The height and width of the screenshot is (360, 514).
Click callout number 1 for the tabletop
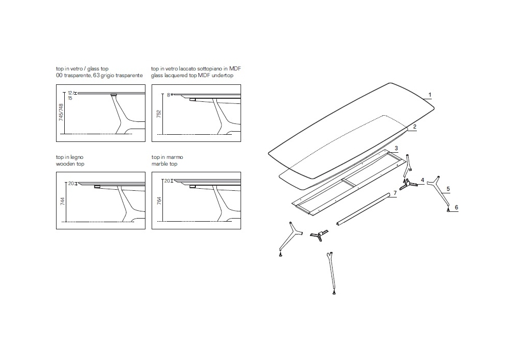(x=430, y=95)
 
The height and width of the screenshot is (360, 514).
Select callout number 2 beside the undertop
(x=415, y=127)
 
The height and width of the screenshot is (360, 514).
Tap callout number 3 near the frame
(x=396, y=149)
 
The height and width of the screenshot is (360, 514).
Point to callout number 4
(x=423, y=180)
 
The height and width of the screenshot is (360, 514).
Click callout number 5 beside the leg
(x=448, y=189)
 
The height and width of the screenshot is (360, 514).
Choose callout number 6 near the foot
(x=456, y=207)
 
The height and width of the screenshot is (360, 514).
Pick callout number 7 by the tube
(x=395, y=193)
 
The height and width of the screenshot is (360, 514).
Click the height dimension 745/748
(x=61, y=113)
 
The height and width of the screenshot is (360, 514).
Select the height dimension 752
(x=159, y=114)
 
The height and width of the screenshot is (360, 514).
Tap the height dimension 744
(x=63, y=201)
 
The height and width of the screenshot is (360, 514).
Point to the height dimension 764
(x=159, y=201)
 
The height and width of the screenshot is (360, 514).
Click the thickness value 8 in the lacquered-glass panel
(x=169, y=95)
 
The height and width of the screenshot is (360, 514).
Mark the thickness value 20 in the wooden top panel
(x=71, y=184)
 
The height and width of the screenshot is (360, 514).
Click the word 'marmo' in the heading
(x=175, y=157)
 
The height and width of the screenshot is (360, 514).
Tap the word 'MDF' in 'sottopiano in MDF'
(x=235, y=68)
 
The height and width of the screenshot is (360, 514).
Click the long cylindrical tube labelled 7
(x=362, y=209)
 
